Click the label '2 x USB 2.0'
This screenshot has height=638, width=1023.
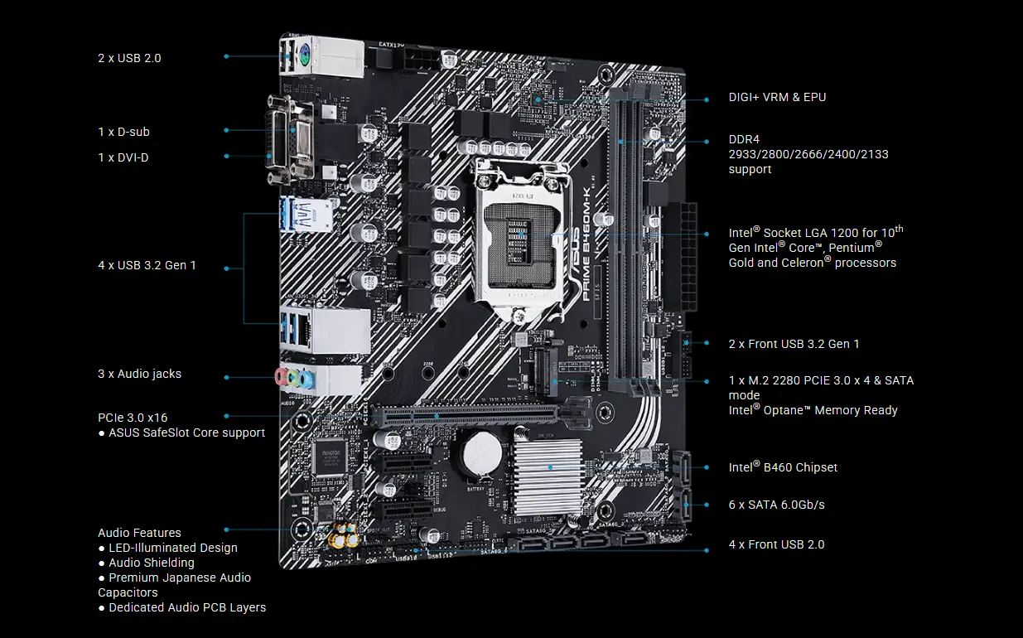[129, 58]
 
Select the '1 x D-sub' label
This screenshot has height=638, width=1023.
[123, 132]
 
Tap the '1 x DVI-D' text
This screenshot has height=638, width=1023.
[123, 157]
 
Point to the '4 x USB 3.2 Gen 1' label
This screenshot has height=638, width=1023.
[147, 266]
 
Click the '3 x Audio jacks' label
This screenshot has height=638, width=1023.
[139, 374]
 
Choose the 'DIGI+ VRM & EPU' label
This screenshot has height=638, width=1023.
[777, 97]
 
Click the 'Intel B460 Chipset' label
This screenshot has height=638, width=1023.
[783, 467]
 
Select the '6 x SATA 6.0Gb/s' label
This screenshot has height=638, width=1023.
[776, 505]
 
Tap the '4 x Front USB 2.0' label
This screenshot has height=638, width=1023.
[776, 544]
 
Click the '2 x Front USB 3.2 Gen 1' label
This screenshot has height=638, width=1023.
[794, 344]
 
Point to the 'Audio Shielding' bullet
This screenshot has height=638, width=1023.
[152, 563]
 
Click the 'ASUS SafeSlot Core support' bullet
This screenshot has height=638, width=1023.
[186, 433]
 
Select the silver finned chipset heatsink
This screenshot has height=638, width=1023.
[549, 468]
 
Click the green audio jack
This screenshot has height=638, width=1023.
[293, 379]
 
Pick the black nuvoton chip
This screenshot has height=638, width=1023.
[329, 456]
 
